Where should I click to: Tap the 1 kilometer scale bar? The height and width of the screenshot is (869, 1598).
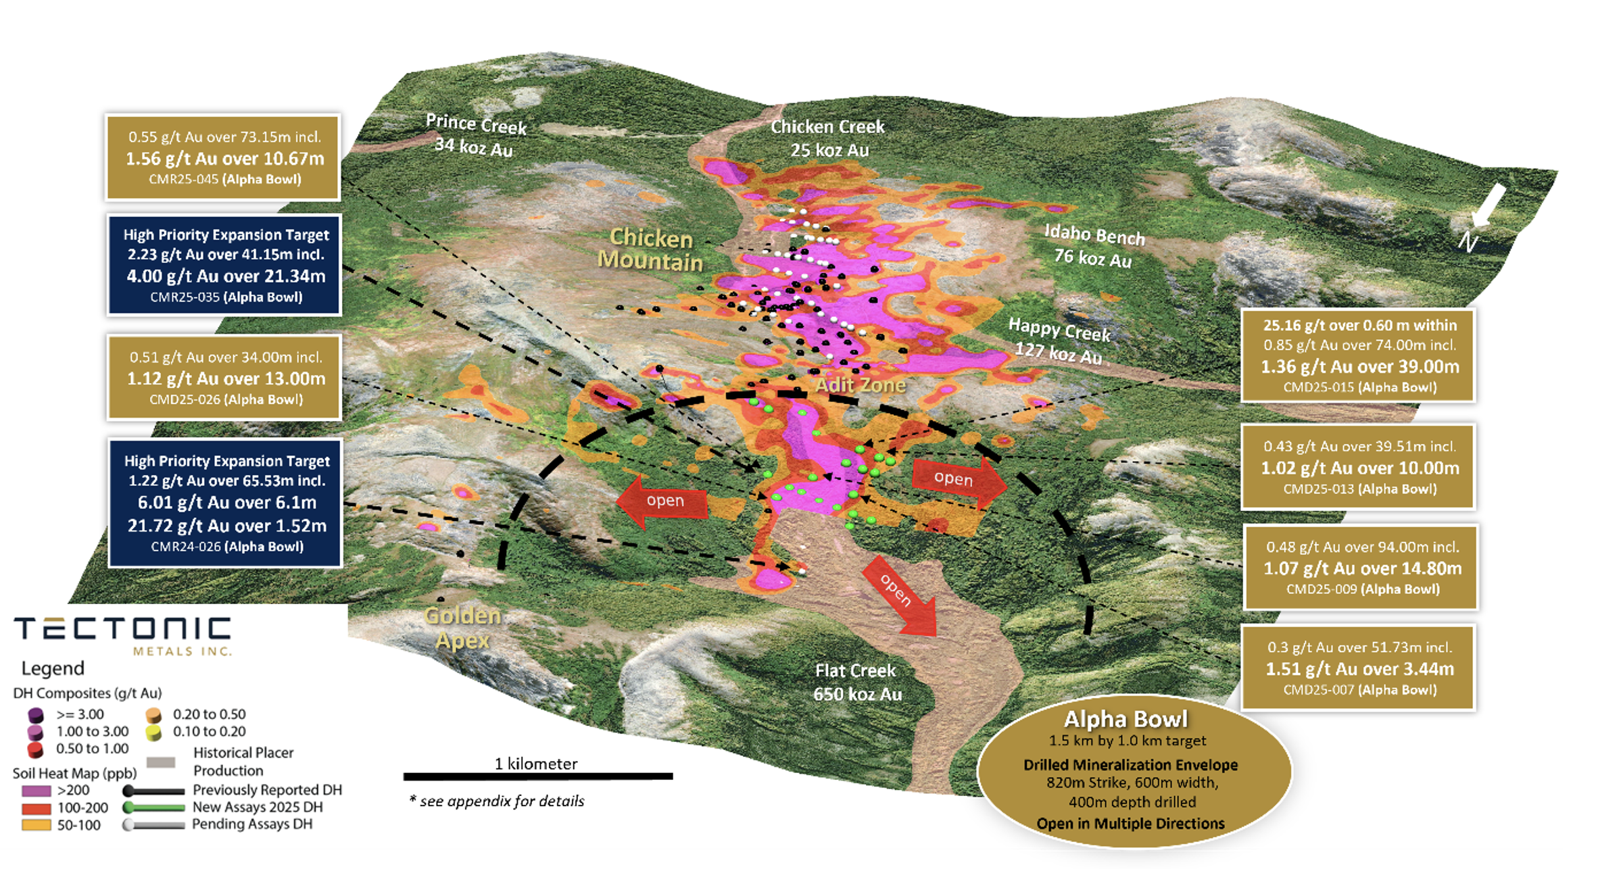538,776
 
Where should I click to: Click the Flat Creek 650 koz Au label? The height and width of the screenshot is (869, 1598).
857,682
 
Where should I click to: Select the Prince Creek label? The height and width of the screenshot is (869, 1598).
476,124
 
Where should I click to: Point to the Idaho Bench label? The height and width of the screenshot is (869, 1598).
1094,235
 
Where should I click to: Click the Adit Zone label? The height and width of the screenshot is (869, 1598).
860,385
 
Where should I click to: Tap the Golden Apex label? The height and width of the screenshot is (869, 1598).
462,627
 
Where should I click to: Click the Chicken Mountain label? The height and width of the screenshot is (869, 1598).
650,249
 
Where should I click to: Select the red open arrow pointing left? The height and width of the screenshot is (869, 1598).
661,501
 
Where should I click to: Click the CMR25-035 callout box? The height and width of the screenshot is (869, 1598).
224,265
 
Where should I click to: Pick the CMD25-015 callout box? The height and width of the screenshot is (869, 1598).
1359,355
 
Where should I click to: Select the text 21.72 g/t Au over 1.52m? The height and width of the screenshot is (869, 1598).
227,526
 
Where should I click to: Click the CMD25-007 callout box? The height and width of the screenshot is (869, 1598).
1359,668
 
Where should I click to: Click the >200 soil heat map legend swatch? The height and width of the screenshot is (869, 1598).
36,791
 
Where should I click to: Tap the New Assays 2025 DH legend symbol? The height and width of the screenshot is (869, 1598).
154,808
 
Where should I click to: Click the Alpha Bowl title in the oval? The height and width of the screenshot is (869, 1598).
1125,719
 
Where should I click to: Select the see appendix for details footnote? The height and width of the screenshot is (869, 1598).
497,801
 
